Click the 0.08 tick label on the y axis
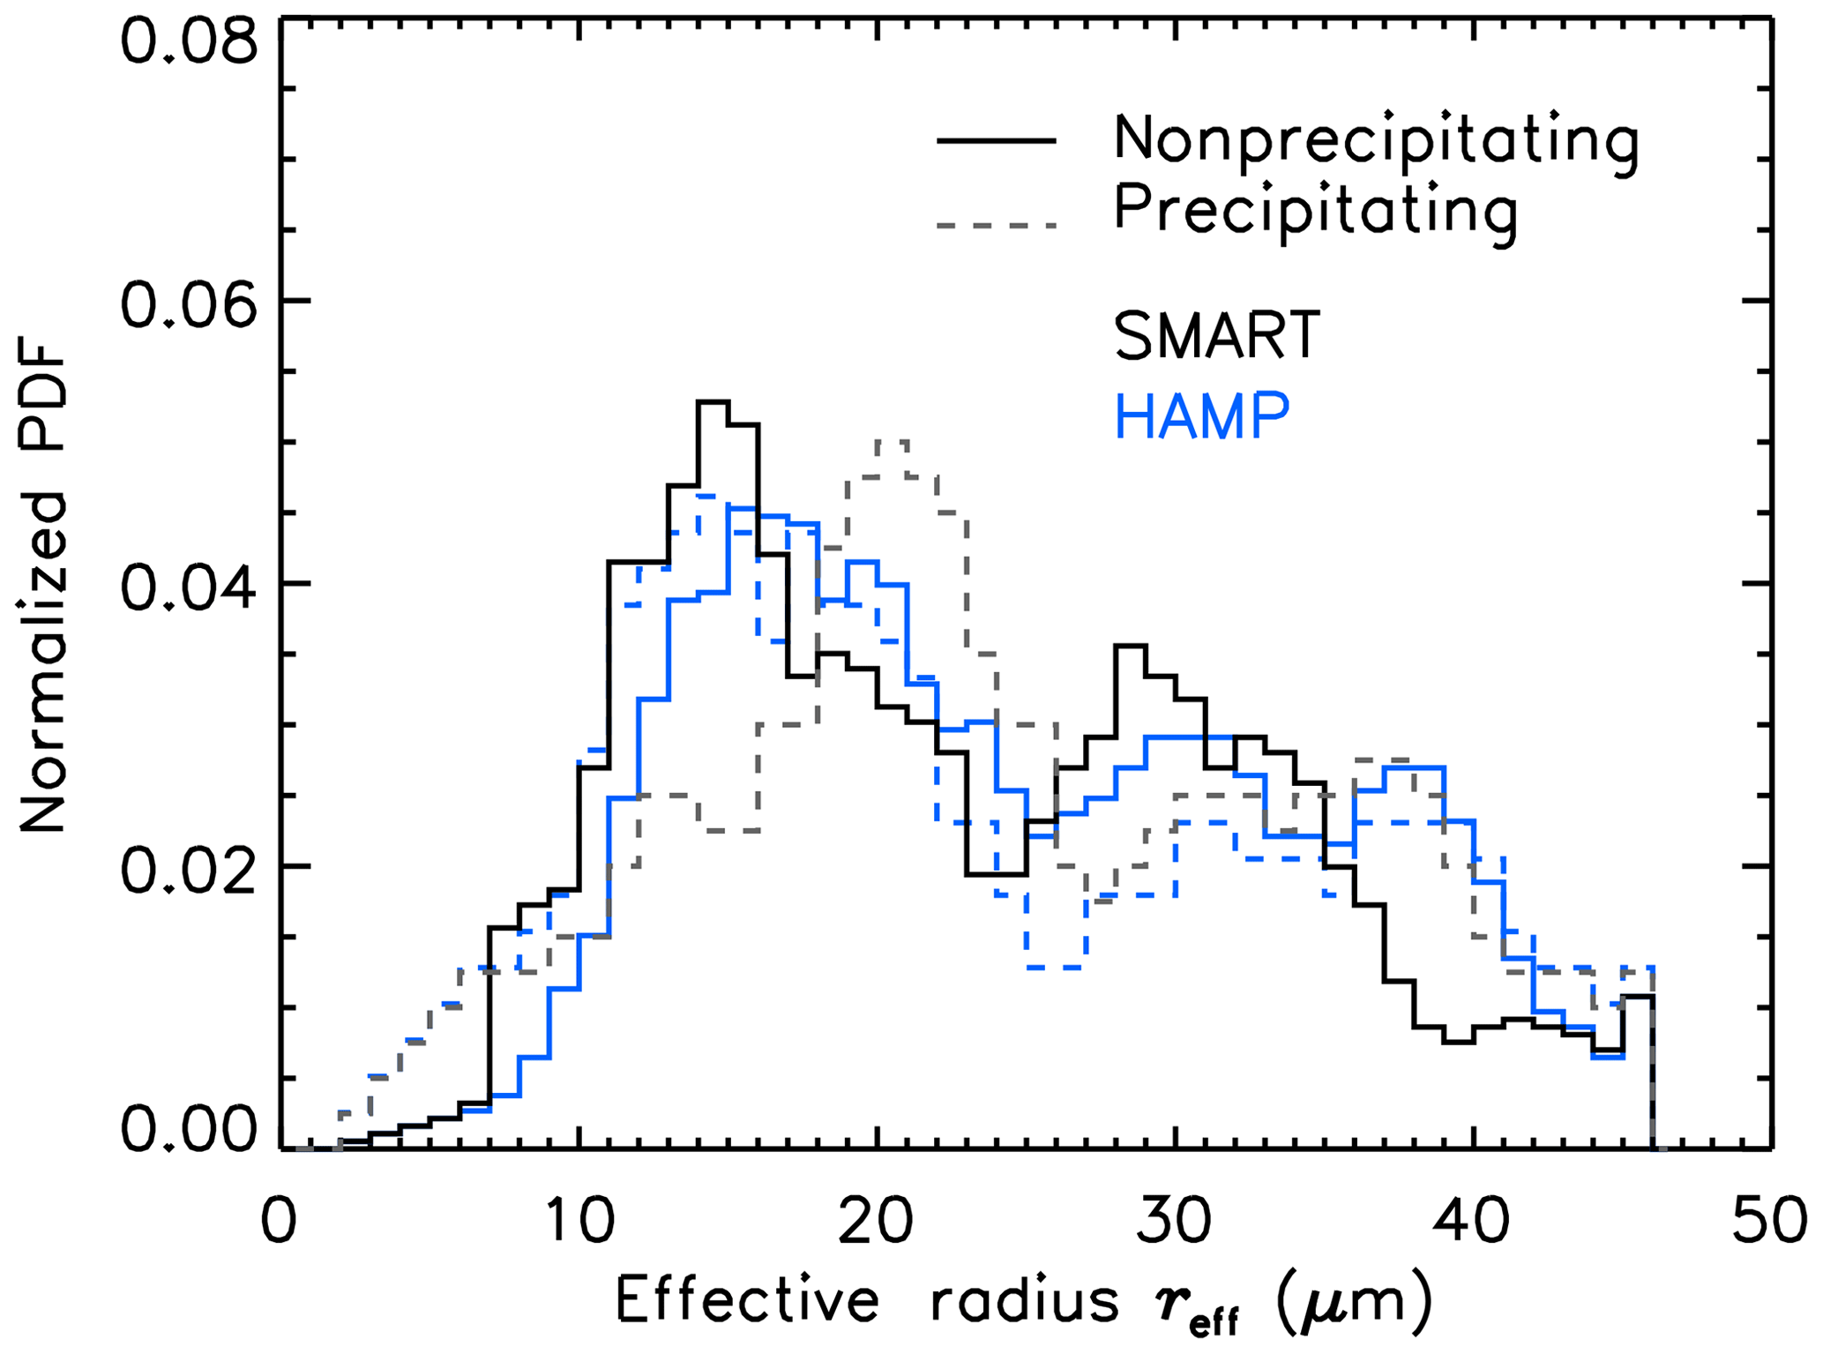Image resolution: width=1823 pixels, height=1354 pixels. [x=189, y=42]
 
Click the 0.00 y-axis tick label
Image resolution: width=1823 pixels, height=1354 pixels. [x=189, y=1130]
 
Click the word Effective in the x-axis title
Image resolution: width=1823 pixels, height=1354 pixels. [x=747, y=1299]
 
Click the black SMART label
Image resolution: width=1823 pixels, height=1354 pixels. [x=1217, y=336]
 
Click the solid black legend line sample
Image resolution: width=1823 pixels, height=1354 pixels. [x=997, y=141]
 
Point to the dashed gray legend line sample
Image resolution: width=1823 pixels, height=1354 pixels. [x=997, y=226]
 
